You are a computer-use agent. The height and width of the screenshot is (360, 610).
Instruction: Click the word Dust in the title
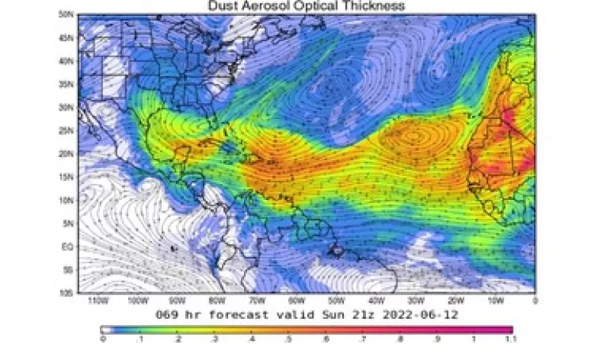tap(223, 6)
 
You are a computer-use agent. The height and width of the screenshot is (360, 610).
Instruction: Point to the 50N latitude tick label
tap(67, 14)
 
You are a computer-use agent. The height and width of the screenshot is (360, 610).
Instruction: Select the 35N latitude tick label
tap(67, 84)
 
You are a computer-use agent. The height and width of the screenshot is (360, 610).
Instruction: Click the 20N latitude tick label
tap(67, 153)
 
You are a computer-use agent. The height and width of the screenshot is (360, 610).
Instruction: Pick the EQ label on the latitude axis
tap(68, 246)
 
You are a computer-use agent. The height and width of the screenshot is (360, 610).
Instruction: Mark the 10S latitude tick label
tap(67, 293)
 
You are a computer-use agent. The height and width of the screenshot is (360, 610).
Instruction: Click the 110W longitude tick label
tap(96, 301)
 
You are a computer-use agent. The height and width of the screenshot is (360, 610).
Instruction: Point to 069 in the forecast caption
tap(168, 313)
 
